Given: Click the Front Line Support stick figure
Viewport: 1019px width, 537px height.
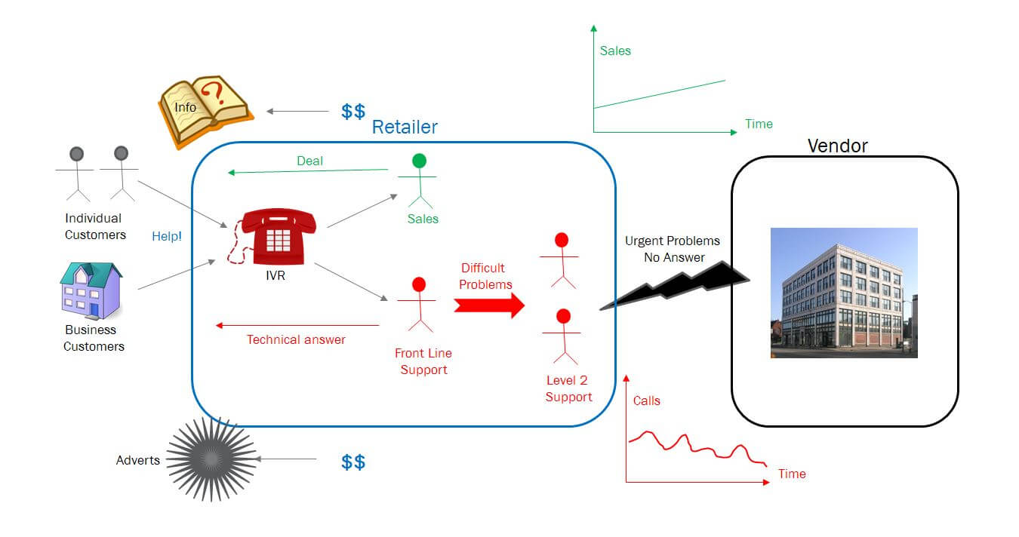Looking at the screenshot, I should pyautogui.click(x=417, y=305).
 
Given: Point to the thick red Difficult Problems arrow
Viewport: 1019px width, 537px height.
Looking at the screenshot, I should pyautogui.click(x=489, y=305).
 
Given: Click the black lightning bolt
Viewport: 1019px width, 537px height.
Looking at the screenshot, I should pyautogui.click(x=676, y=285).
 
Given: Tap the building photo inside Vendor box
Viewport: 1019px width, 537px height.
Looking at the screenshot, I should pyautogui.click(x=843, y=292).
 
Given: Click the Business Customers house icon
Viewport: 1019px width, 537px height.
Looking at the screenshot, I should pyautogui.click(x=91, y=290).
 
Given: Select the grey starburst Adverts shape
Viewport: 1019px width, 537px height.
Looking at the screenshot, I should pyautogui.click(x=211, y=459).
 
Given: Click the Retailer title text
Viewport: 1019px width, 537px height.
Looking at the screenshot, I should pyautogui.click(x=405, y=127).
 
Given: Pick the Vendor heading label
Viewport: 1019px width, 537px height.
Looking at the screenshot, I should pyautogui.click(x=837, y=146).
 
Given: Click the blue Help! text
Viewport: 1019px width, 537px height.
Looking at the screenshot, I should pyautogui.click(x=167, y=236).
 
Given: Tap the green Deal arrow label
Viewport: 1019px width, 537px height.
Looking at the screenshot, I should pyautogui.click(x=309, y=161).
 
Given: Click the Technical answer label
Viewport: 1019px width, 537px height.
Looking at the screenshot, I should pyautogui.click(x=296, y=339).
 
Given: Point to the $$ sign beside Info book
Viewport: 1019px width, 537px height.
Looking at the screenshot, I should pyautogui.click(x=353, y=112).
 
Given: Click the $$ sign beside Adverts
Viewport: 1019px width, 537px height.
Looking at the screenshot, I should pyautogui.click(x=353, y=462).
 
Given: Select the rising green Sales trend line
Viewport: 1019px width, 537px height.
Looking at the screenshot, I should pyautogui.click(x=659, y=94).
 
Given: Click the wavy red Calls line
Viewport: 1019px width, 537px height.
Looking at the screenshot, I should pyautogui.click(x=694, y=446).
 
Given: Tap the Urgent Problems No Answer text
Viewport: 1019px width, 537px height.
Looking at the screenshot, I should pyautogui.click(x=672, y=249).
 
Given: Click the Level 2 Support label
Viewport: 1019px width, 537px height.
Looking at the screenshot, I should pyautogui.click(x=568, y=388).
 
